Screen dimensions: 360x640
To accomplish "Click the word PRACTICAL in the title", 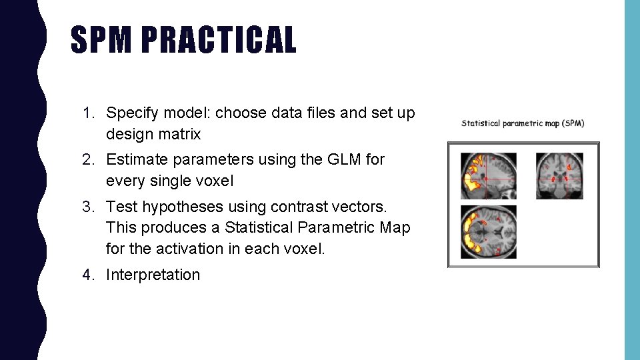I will point(219,40).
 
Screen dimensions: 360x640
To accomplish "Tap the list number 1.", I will point(87,113).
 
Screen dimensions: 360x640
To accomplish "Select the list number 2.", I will point(87,160).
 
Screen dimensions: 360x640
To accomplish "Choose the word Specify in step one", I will point(131,113).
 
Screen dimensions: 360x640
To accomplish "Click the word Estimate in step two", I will point(134,160).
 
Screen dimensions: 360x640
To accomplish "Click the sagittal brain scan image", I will point(489,176).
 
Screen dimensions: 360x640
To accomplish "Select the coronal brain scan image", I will point(559,176).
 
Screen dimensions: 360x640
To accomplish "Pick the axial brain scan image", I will point(489,232).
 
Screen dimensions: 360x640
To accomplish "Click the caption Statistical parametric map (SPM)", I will point(523,123).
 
